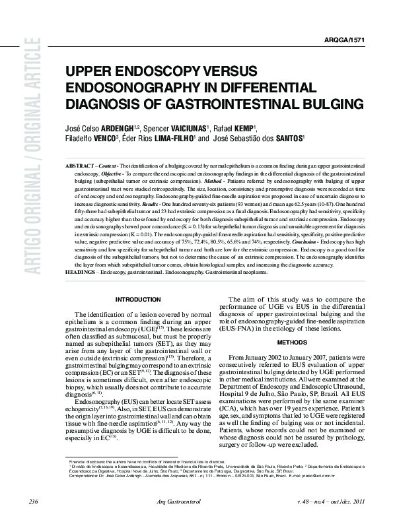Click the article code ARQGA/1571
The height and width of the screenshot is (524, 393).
tap(345, 40)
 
